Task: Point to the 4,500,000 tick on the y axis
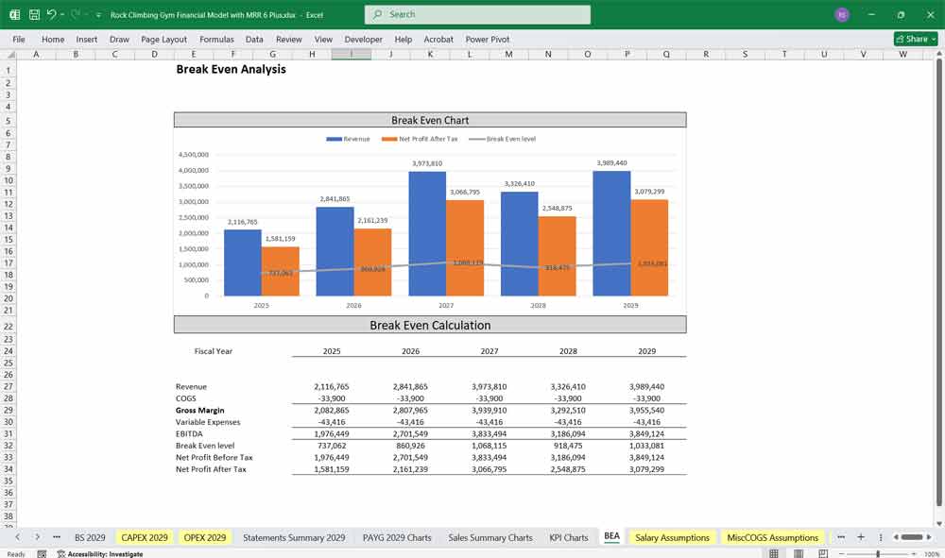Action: [193, 155]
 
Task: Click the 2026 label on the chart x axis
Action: [353, 306]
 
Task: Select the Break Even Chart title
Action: [430, 120]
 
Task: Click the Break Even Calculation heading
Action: [430, 325]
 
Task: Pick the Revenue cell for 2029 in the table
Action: [647, 387]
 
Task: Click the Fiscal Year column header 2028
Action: [568, 351]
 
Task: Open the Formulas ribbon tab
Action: [216, 40]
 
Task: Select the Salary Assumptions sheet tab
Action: [672, 537]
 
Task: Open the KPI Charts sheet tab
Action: [568, 537]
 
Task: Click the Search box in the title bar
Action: [477, 14]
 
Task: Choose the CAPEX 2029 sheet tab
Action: [145, 537]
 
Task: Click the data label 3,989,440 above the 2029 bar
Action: [611, 163]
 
